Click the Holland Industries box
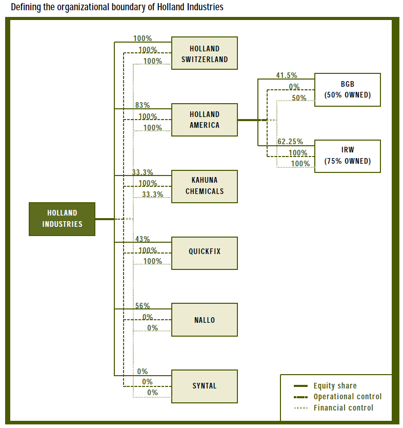coord(62,219)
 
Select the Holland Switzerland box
coord(205,53)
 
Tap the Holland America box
coord(205,120)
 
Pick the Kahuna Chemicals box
coord(205,186)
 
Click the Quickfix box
coord(205,252)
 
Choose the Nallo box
coord(205,320)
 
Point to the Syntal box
coord(205,386)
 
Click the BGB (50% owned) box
coord(347,90)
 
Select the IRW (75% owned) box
coord(347,156)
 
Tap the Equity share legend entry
coord(335,386)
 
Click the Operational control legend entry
coord(347,397)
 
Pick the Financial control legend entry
coord(343,408)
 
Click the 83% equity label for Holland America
coord(143,105)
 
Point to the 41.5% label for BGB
coord(287,75)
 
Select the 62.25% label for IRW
coord(290,142)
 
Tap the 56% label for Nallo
coord(143,306)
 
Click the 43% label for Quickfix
coord(143,239)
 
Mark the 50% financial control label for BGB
coord(299,98)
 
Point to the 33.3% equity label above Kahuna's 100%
coord(143,172)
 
